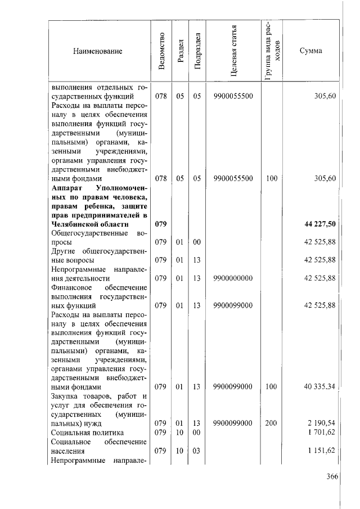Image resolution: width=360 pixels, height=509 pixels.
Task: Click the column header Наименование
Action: (x=97, y=51)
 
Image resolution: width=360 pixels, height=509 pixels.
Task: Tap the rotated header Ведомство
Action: (x=162, y=51)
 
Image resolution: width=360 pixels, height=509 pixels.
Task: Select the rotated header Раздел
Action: (x=180, y=51)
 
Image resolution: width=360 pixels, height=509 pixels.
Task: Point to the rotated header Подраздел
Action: (x=197, y=51)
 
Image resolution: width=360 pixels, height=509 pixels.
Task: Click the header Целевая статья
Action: (x=233, y=51)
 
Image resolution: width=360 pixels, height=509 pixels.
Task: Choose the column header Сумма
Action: (x=310, y=51)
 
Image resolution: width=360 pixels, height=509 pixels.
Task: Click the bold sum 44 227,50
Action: (x=320, y=224)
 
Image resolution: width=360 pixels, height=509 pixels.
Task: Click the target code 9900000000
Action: (x=233, y=278)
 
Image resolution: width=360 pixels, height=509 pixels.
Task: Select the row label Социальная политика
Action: (x=87, y=433)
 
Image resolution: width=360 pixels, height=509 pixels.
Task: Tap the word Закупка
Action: (x=66, y=397)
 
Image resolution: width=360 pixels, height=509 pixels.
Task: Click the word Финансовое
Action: (x=72, y=287)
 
